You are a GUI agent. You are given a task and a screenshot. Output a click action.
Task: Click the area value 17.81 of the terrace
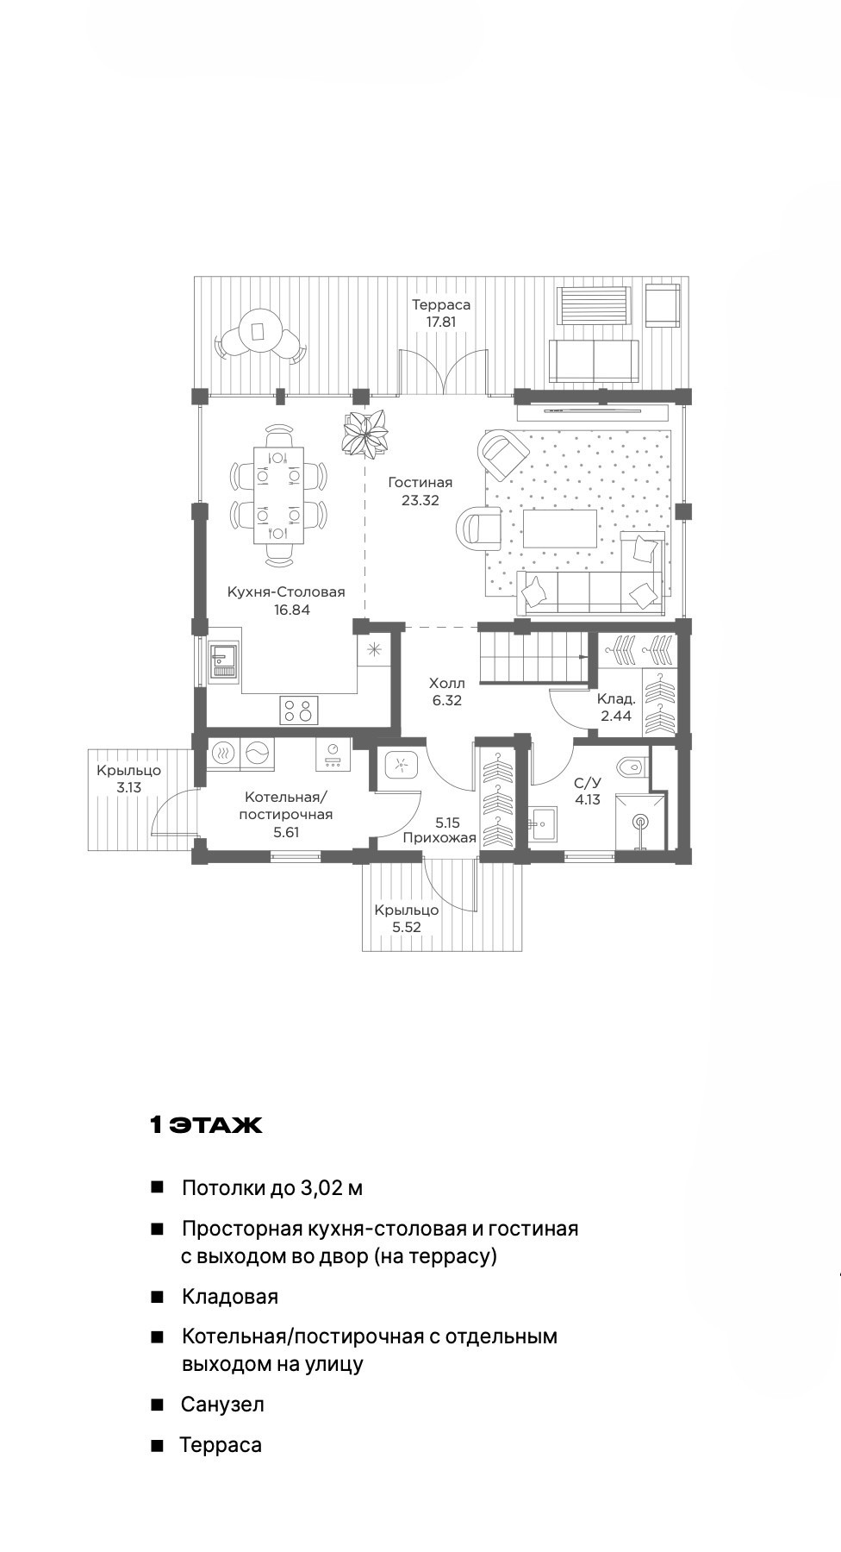click(x=440, y=322)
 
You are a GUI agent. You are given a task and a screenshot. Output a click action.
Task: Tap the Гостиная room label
click(x=420, y=483)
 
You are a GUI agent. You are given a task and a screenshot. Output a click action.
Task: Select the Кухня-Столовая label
click(x=286, y=592)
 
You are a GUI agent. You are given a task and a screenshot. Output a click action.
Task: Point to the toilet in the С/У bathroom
click(x=632, y=765)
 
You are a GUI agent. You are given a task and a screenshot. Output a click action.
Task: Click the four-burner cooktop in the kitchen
click(x=298, y=710)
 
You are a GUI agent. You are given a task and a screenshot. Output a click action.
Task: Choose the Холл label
click(x=446, y=684)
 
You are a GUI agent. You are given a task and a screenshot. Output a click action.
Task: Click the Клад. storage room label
click(x=616, y=698)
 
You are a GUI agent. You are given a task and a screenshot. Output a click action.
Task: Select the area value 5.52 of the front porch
click(x=407, y=928)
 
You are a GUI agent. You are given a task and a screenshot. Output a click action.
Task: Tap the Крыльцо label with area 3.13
click(x=128, y=771)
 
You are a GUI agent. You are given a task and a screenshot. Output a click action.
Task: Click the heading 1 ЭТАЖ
click(x=206, y=1125)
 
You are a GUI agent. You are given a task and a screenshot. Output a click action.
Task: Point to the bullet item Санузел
click(x=222, y=1405)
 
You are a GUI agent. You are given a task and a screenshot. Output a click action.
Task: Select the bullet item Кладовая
click(x=230, y=1297)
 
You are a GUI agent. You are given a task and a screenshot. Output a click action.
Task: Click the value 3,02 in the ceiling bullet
click(x=320, y=1188)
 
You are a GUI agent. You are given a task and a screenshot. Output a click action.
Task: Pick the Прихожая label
click(x=439, y=838)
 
